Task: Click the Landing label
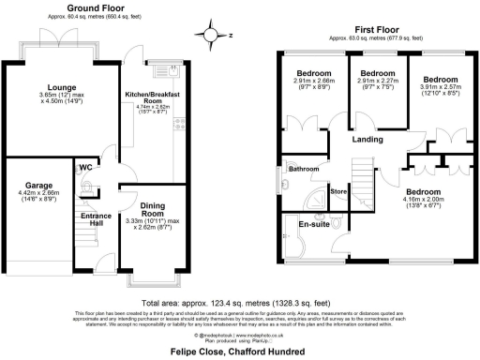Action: point(367,141)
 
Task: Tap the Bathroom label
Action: point(304,170)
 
